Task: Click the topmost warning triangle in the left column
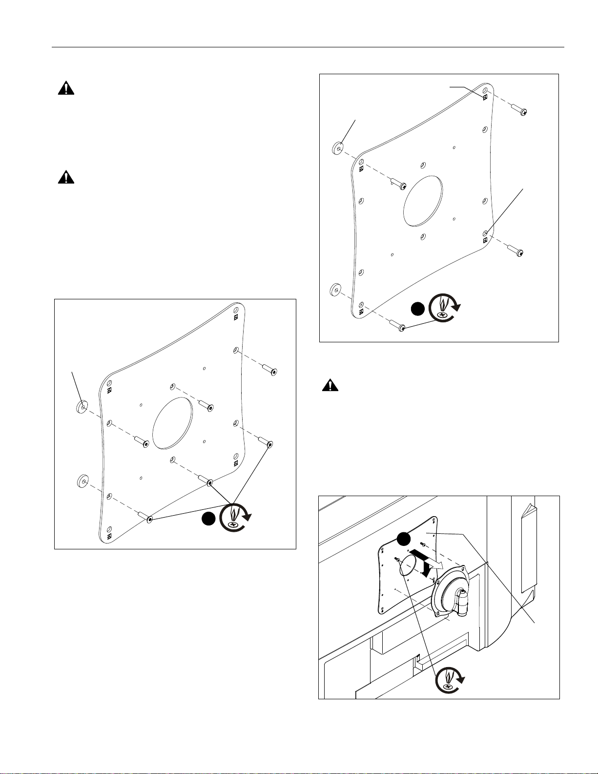[66, 88]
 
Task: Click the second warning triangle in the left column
[66, 177]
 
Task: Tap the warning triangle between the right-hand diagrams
[330, 386]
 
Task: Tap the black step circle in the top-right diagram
[417, 309]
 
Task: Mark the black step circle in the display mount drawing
[403, 539]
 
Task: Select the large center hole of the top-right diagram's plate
[423, 201]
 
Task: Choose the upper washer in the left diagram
[82, 406]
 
